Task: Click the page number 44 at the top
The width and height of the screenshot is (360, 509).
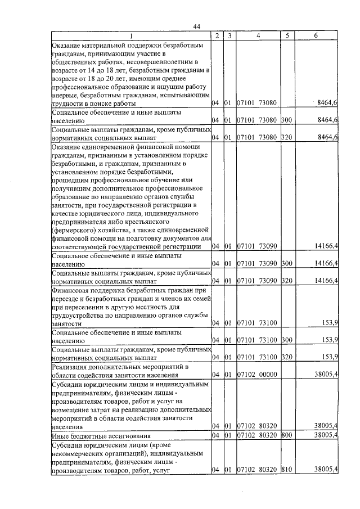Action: pos(197,26)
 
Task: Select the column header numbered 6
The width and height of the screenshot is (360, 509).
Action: pos(317,35)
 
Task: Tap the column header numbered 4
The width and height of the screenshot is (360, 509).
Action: pos(256,35)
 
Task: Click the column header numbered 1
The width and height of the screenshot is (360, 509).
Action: pos(130,35)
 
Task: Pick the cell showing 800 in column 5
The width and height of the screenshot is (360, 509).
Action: pos(286,435)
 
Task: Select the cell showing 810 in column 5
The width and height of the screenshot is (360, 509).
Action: pos(286,469)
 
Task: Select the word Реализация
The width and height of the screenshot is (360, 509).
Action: pos(70,365)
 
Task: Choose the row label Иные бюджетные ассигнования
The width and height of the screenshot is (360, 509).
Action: pos(101,435)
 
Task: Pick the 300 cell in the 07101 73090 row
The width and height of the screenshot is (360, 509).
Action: pos(286,263)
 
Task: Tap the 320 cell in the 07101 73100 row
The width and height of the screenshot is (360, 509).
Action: pos(286,357)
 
